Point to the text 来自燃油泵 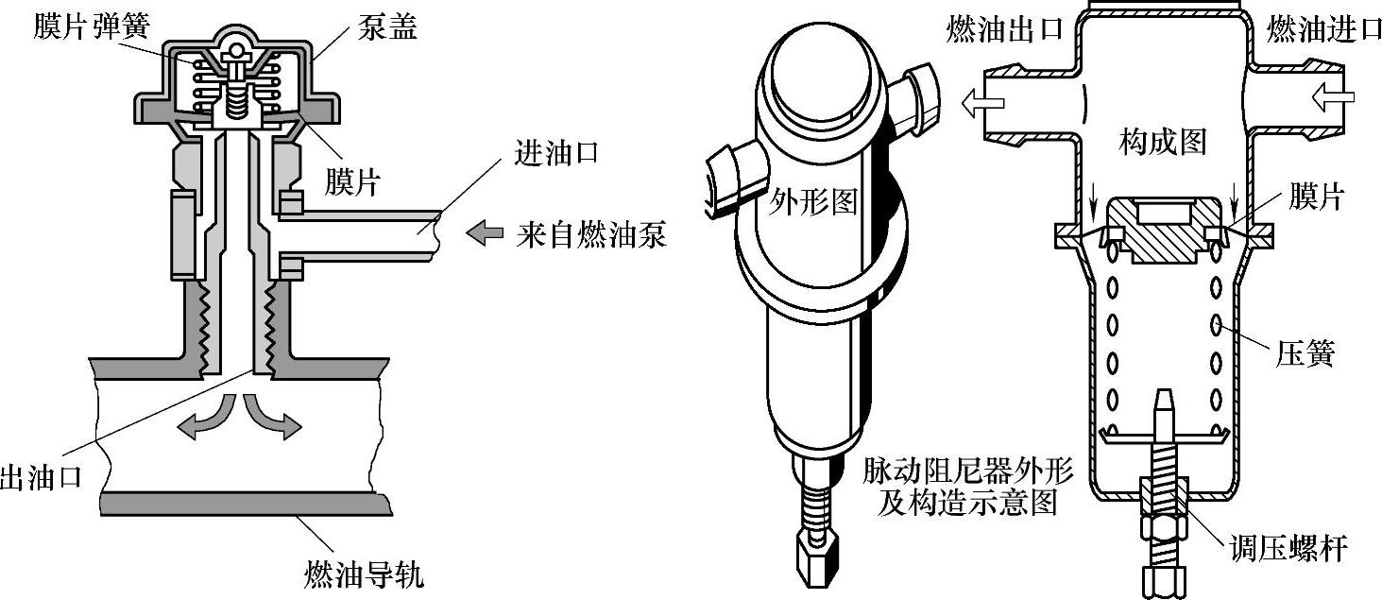(x=591, y=233)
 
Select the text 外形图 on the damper (x=811, y=201)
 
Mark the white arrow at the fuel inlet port (x=1334, y=94)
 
